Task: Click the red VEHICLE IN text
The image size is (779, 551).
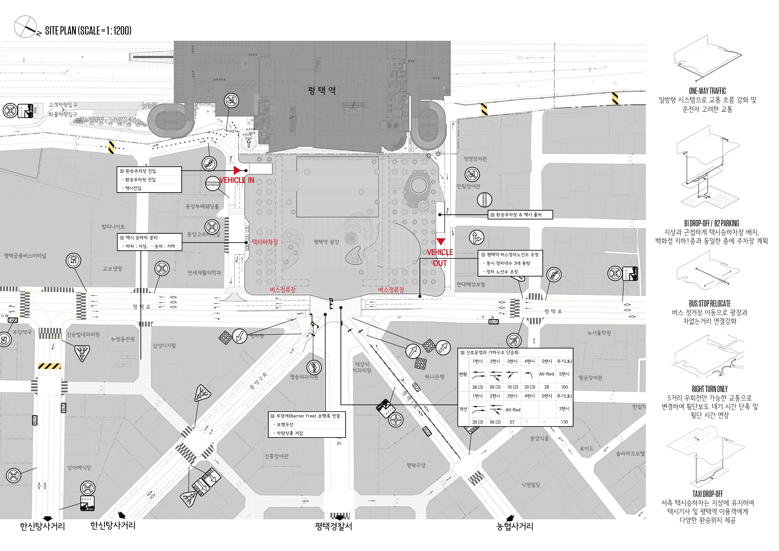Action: (x=237, y=180)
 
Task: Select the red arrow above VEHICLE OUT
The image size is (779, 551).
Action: (x=440, y=242)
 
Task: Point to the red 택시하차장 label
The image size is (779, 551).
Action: (x=265, y=242)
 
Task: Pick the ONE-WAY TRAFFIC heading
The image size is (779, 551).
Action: (x=707, y=91)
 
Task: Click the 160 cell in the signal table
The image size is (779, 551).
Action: (x=564, y=387)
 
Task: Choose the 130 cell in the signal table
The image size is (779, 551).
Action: (x=564, y=422)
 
